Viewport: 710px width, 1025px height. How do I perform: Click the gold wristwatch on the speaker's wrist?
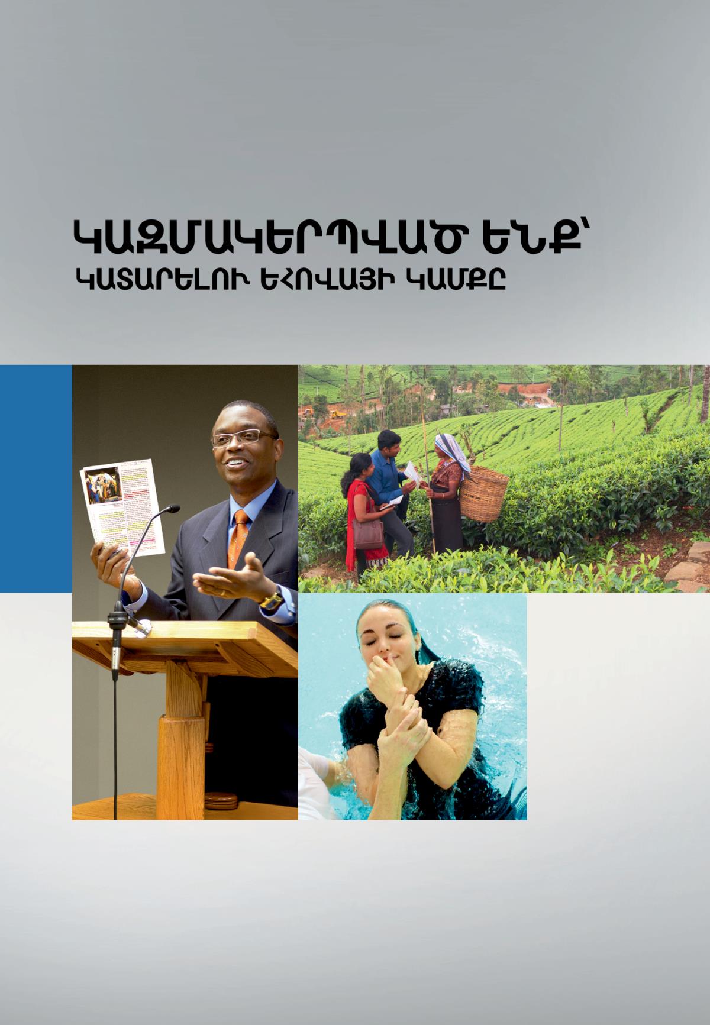(x=272, y=600)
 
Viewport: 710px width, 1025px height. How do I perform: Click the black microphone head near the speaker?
(x=171, y=509)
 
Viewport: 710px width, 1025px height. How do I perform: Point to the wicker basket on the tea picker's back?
(x=483, y=489)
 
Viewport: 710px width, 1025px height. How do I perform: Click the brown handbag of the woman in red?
(x=367, y=532)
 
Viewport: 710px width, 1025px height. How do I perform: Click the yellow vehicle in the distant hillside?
(x=337, y=413)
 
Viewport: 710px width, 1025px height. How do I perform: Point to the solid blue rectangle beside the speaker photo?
(x=35, y=478)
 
